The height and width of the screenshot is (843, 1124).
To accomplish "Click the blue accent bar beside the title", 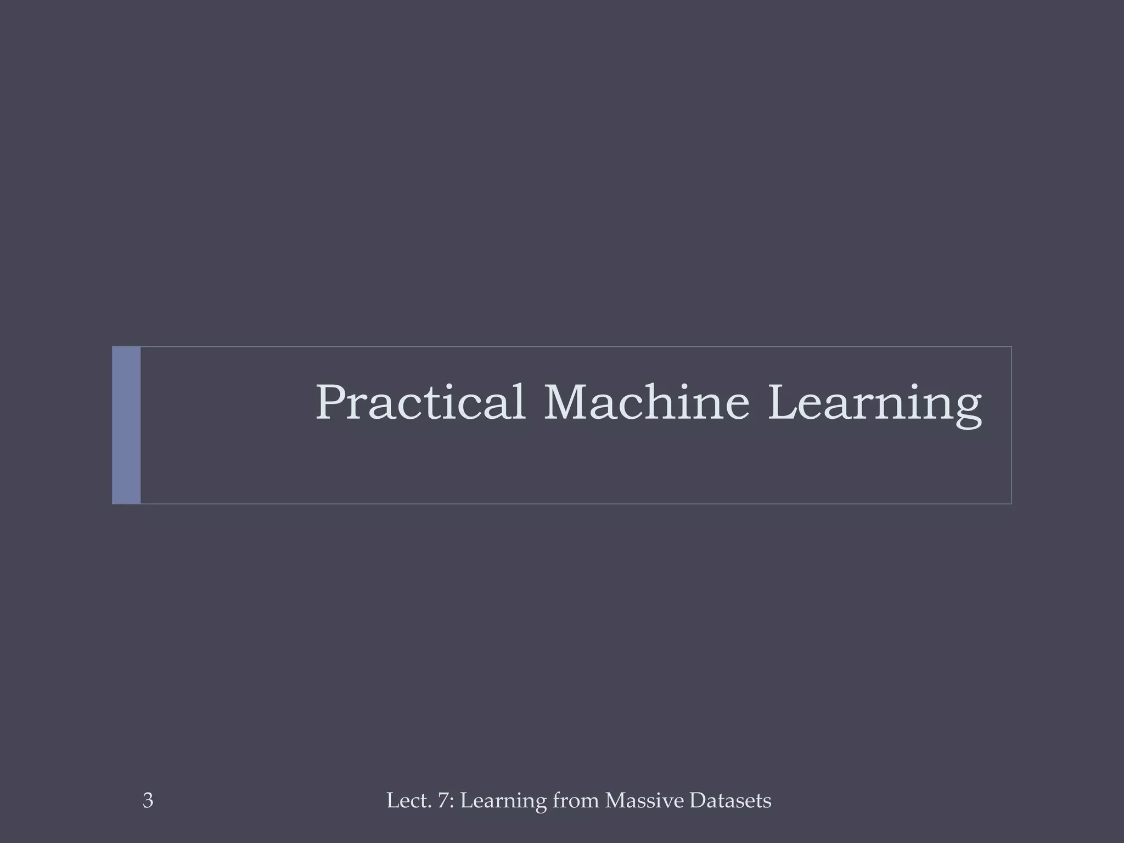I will point(126,425).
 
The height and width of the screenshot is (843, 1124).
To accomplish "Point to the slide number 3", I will point(148,801).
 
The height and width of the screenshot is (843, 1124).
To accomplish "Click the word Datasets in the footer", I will point(730,801).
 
